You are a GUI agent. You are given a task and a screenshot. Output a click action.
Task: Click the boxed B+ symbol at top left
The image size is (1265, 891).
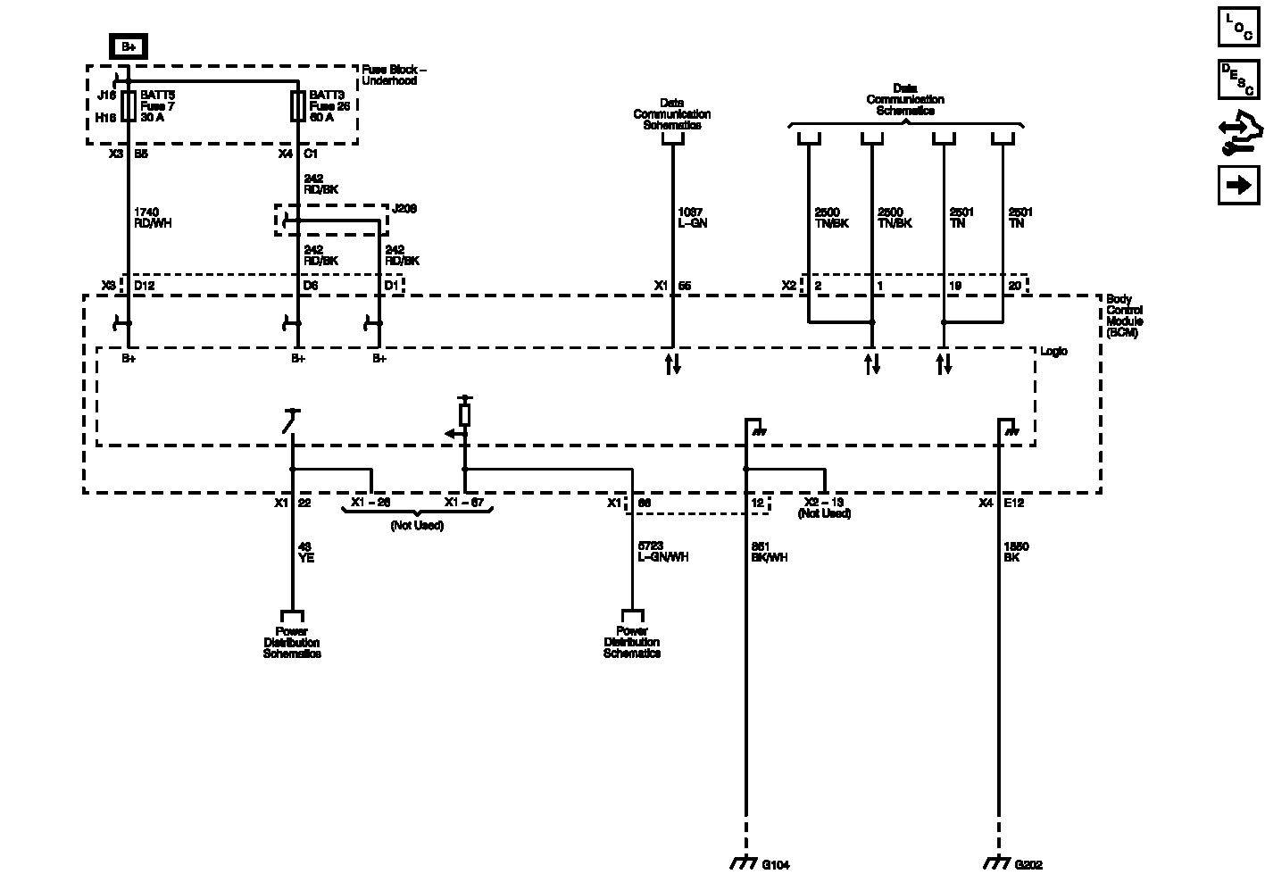point(128,47)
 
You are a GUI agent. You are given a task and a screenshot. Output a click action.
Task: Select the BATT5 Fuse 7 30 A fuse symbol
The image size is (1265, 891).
point(129,105)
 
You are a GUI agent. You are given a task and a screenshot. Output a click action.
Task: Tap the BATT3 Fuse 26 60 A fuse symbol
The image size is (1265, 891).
point(297,105)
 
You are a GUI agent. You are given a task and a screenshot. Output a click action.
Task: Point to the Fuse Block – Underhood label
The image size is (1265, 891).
point(394,75)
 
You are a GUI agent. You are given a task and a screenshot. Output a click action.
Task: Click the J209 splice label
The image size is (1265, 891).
point(404,209)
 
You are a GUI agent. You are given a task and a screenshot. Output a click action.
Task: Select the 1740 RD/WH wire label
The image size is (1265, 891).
point(152,218)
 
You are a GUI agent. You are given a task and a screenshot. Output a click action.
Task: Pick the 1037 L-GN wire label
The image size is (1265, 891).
point(693,218)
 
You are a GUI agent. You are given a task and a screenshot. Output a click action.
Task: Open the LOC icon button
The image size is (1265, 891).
point(1239,28)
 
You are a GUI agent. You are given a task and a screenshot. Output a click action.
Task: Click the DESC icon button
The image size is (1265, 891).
point(1239,79)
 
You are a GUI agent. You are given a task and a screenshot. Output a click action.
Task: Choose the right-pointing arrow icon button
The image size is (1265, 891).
point(1239,185)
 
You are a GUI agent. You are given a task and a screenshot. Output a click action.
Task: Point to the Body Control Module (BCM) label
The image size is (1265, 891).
point(1125,316)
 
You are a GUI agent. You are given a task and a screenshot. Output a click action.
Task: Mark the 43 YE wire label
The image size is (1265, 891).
point(306,552)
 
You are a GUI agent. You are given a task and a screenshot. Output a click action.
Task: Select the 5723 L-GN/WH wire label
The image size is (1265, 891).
point(662,552)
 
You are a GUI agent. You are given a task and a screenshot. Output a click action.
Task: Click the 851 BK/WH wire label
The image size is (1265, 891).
point(769,552)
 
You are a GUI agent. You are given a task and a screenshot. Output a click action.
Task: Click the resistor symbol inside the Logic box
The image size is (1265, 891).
point(464,415)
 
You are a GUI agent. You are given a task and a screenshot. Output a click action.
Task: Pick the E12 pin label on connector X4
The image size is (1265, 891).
point(1014,504)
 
